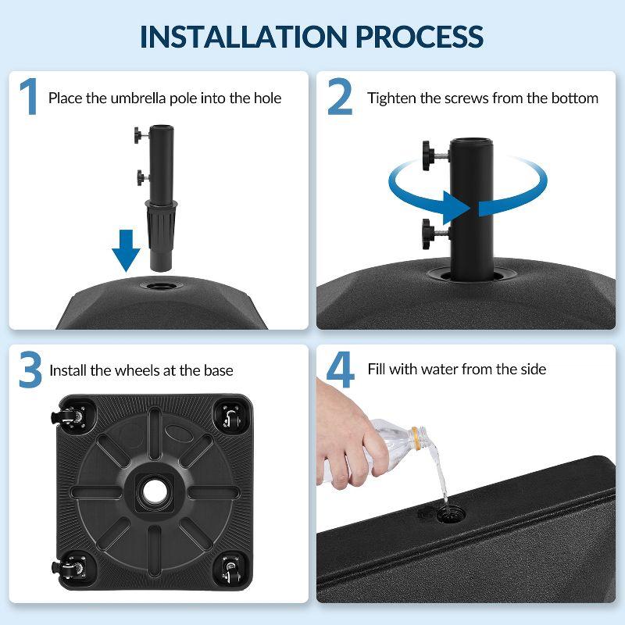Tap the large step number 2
point(339,98)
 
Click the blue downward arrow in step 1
point(125,248)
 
